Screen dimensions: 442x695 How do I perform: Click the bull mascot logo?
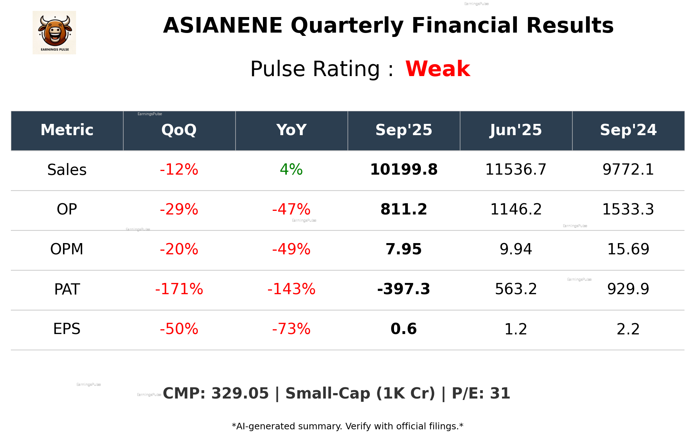[54, 32]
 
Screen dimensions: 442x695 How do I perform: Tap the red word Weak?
[437, 69]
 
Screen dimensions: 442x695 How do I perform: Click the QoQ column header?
[179, 130]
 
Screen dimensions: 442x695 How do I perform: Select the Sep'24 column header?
[628, 130]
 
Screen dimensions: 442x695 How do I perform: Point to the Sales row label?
[67, 170]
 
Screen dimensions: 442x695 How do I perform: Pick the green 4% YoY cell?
[291, 170]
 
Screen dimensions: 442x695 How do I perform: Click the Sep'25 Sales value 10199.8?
[403, 170]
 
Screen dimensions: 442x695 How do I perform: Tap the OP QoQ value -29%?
[179, 210]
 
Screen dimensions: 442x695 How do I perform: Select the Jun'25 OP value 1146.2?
[516, 210]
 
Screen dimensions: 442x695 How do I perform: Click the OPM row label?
[67, 250]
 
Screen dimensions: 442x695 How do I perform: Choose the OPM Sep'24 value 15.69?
[628, 250]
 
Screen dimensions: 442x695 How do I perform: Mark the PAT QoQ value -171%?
[179, 289]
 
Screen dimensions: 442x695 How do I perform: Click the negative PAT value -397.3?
[403, 289]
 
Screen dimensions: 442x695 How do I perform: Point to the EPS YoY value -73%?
[291, 329]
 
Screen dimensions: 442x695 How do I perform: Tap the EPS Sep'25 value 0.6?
[403, 329]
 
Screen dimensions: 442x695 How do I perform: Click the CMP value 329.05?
[240, 394]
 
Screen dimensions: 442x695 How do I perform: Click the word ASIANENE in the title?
[222, 26]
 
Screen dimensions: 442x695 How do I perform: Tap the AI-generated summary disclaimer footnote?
[347, 426]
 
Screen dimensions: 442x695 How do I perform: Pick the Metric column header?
[67, 130]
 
